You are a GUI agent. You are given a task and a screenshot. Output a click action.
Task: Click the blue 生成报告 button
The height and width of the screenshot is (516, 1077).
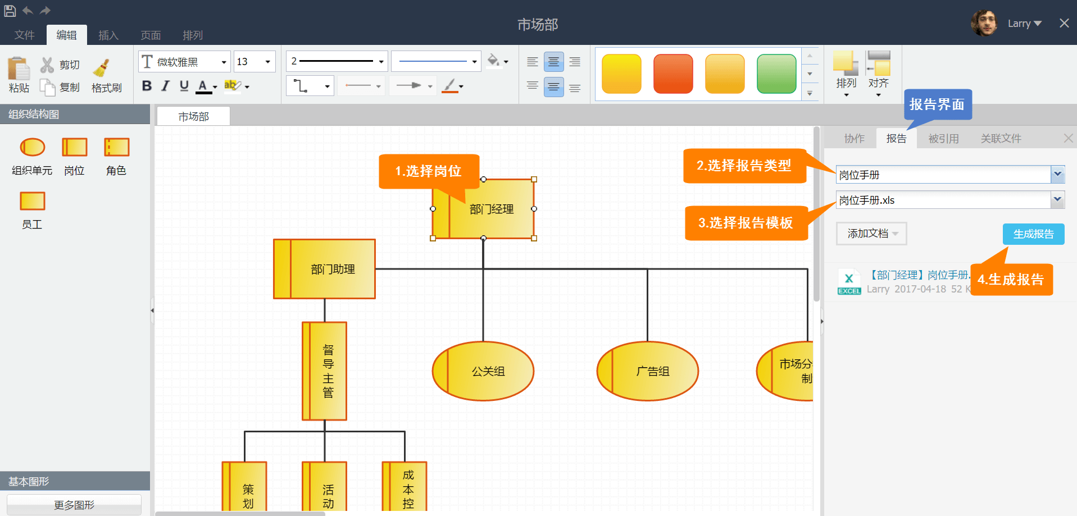[1033, 234]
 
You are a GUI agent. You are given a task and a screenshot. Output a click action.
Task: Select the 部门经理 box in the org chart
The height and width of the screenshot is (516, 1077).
[483, 209]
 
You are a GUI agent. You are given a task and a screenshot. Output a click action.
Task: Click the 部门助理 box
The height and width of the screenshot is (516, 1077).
[324, 269]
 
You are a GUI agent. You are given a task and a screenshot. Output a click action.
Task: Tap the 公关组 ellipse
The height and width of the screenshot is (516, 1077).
[483, 371]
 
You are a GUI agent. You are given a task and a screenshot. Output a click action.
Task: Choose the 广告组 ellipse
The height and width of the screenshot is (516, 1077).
[647, 371]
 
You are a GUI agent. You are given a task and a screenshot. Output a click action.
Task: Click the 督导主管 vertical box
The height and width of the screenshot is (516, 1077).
[324, 371]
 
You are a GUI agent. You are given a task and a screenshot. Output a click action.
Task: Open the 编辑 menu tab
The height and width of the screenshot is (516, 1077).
[66, 35]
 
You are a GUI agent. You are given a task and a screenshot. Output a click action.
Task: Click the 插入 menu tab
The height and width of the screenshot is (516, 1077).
[108, 35]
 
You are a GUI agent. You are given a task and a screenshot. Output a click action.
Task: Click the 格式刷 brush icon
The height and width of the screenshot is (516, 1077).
[101, 68]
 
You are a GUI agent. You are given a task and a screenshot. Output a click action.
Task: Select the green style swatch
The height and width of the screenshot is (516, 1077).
[776, 74]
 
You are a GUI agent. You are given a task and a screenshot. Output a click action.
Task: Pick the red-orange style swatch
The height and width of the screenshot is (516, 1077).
[673, 74]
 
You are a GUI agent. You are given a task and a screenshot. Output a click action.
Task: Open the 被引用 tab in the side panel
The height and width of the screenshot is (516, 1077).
[943, 139]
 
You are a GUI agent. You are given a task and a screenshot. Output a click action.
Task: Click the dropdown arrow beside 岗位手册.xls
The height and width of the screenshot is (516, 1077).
[1057, 199]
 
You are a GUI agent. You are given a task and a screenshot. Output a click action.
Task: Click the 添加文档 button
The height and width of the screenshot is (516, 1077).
[871, 234]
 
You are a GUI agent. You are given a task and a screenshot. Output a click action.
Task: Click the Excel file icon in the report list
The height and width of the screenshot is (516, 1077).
[849, 281]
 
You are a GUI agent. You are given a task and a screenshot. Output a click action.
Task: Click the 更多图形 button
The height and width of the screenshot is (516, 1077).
[74, 505]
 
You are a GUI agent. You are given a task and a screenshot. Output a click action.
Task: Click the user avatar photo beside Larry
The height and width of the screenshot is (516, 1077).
[984, 23]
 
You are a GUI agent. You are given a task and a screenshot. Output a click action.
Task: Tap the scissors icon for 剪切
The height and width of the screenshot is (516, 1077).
[47, 65]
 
